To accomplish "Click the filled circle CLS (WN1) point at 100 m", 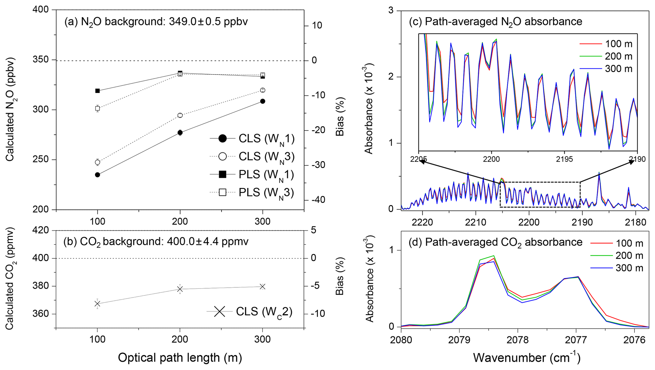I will click(x=97, y=175).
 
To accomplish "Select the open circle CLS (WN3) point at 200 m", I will click(x=180, y=115).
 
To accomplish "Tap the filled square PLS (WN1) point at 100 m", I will click(x=97, y=91).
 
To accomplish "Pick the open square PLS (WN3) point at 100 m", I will click(x=97, y=108).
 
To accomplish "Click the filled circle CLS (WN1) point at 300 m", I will click(x=262, y=101).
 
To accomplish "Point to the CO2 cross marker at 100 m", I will click(x=97, y=304).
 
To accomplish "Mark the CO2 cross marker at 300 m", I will click(x=262, y=287).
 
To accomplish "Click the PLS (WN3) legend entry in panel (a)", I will click(x=252, y=192).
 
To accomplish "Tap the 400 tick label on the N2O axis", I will click(x=41, y=10).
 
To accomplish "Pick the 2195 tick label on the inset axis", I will click(x=564, y=159).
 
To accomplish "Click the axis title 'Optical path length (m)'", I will click(x=180, y=358).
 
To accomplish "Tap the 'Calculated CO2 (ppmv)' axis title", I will click(x=10, y=278).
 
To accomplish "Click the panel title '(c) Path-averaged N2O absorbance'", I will click(x=495, y=22).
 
